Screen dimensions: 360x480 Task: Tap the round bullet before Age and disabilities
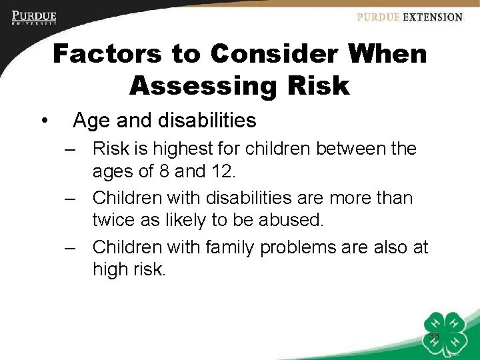point(43,121)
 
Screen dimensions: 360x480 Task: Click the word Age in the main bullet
point(90,121)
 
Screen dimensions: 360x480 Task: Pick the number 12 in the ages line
point(221,171)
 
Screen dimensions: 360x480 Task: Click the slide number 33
point(434,336)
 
